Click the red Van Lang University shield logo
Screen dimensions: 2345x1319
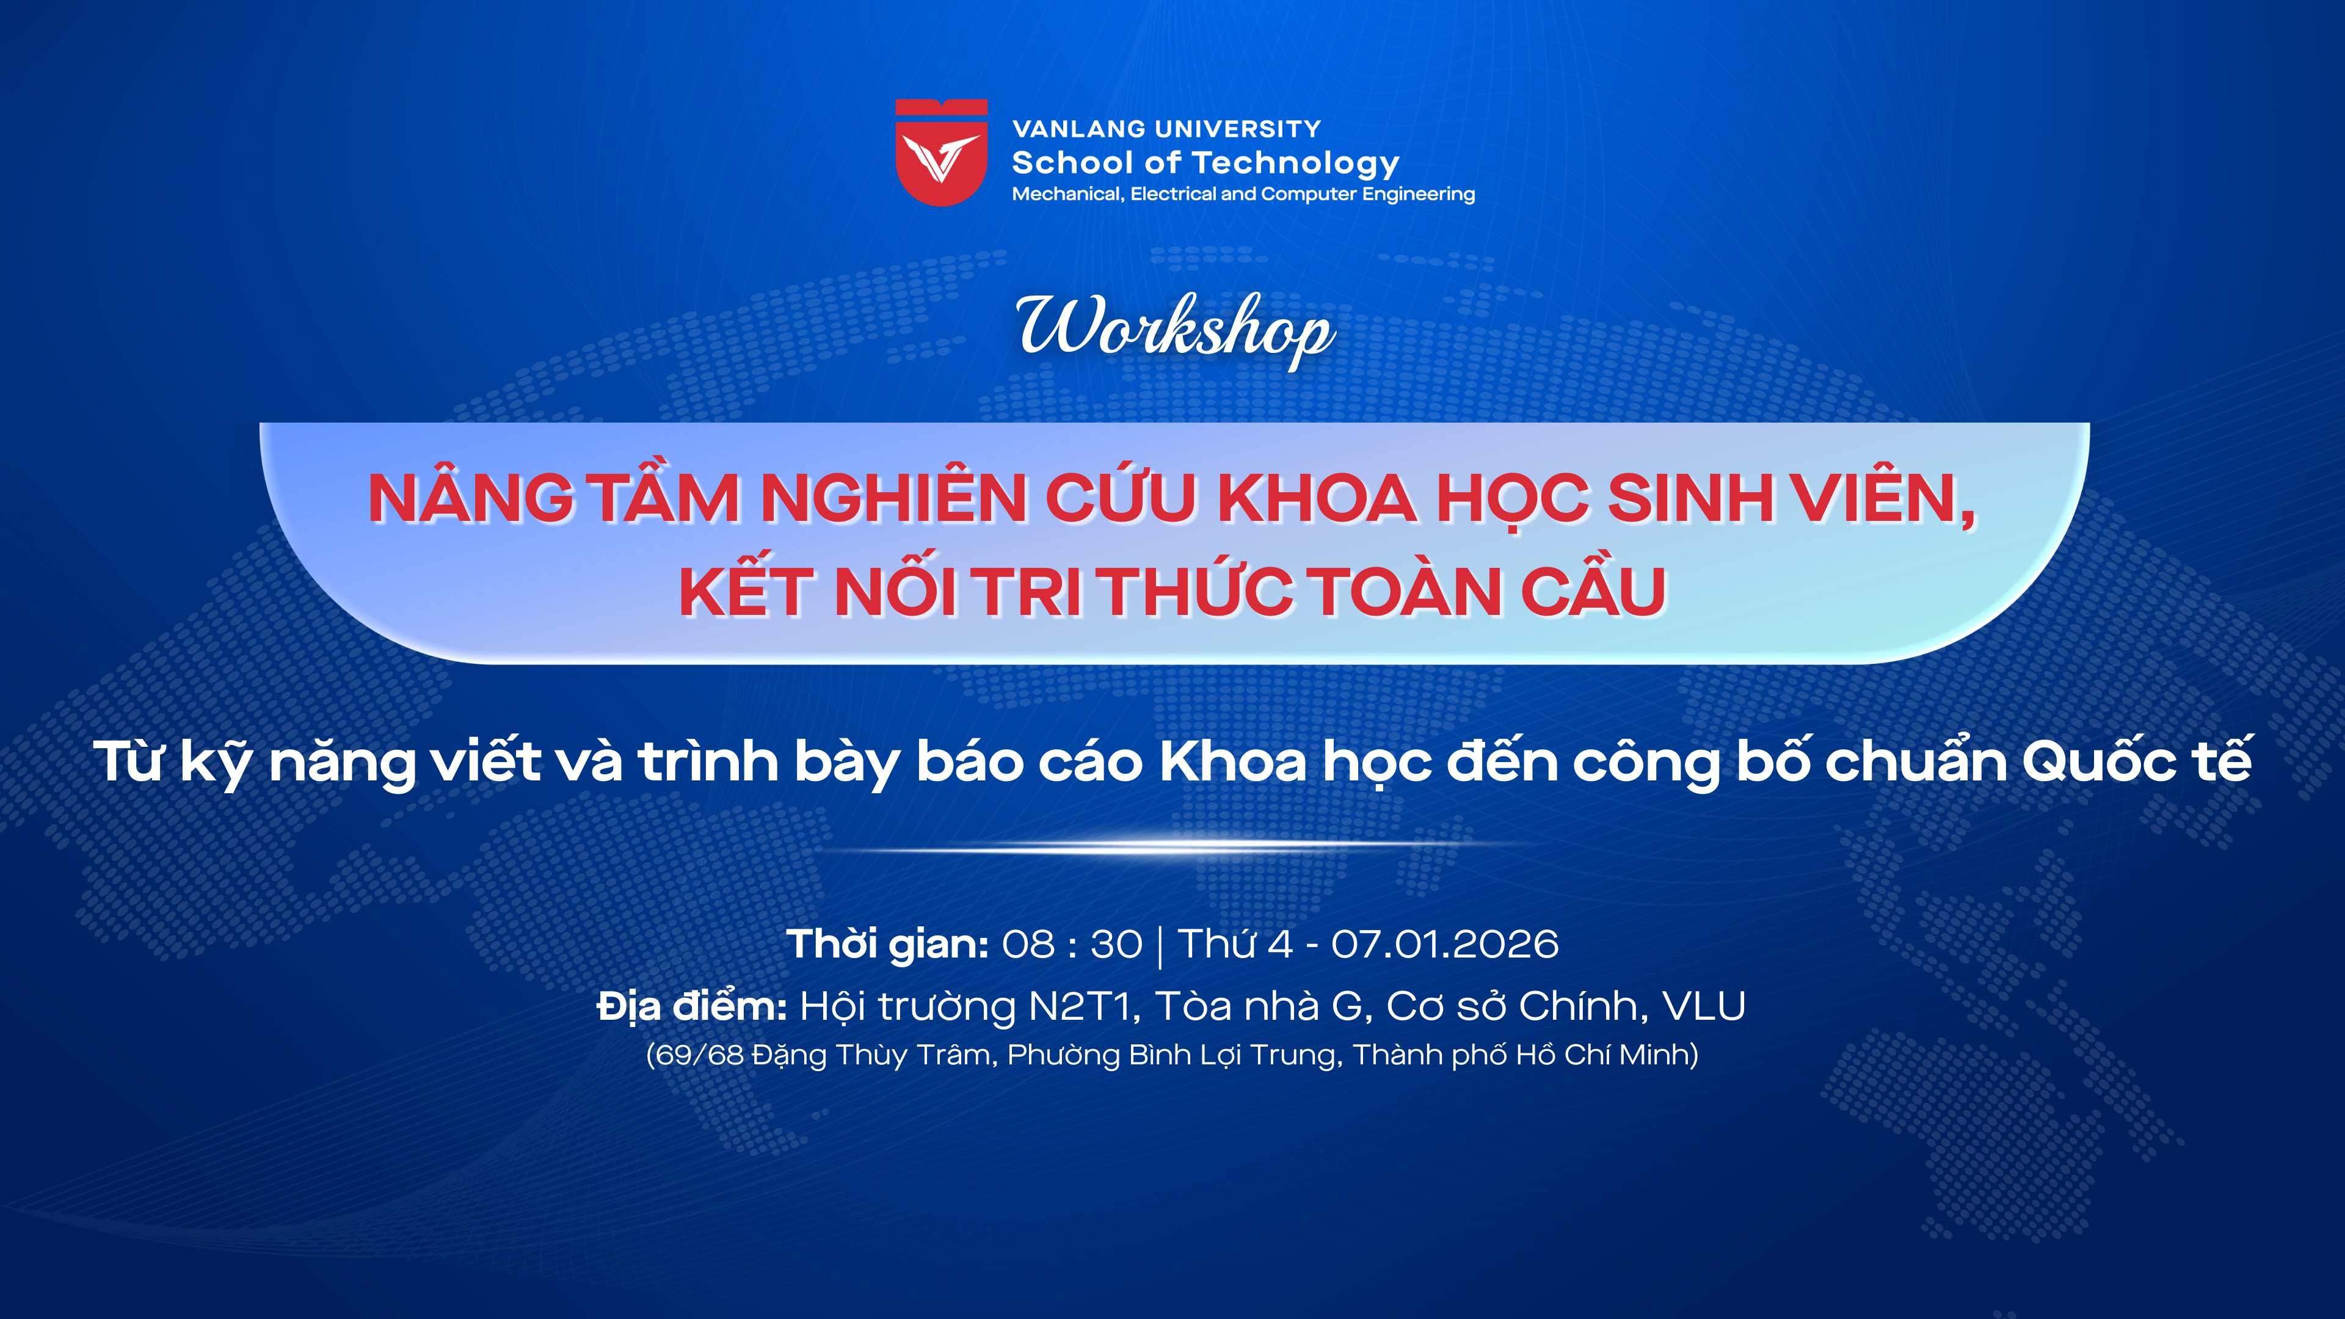[941, 152]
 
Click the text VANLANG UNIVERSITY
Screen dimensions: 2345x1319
[1166, 129]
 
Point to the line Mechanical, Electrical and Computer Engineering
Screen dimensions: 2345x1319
[1243, 194]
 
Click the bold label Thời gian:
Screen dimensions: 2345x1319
[887, 944]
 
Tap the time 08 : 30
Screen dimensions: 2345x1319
[1072, 945]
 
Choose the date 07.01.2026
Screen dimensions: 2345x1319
[1445, 945]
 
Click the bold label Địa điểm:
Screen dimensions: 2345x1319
[692, 1007]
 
